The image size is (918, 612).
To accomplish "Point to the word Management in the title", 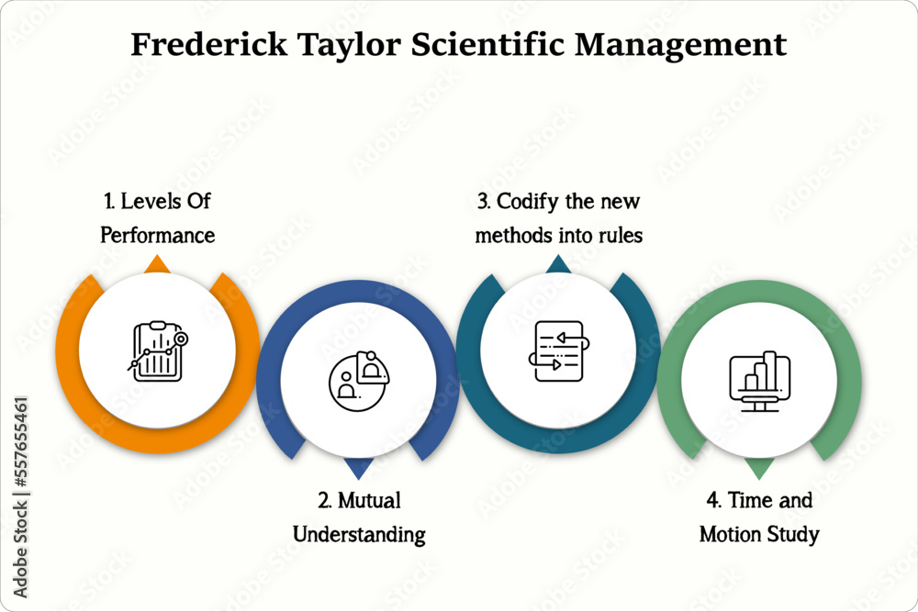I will [699, 45].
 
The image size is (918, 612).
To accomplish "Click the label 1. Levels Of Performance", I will [157, 217].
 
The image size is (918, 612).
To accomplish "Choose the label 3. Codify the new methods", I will [558, 217].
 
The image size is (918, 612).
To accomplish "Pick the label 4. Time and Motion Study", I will [759, 517].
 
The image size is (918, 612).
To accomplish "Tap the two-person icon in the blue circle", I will [358, 376].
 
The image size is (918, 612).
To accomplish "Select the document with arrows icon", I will [558, 351].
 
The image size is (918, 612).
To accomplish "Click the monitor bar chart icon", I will [759, 380].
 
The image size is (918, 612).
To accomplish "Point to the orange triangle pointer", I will [158, 264].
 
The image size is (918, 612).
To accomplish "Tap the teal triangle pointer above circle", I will [558, 264].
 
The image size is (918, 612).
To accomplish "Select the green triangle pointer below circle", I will [759, 469].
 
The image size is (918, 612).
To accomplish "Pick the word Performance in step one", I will [157, 235].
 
